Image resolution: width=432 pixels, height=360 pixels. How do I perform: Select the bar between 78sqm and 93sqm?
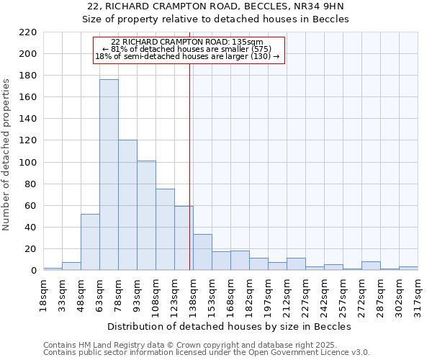127,205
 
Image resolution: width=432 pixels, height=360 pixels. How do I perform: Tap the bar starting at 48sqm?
90,242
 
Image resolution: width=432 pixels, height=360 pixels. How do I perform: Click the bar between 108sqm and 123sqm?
165,230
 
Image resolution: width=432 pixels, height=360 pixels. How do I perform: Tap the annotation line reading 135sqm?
189,42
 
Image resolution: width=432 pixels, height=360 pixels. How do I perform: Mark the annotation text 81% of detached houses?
189,49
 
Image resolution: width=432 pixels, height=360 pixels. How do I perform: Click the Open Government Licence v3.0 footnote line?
207,353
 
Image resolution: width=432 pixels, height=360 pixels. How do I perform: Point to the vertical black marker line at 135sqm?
189,180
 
